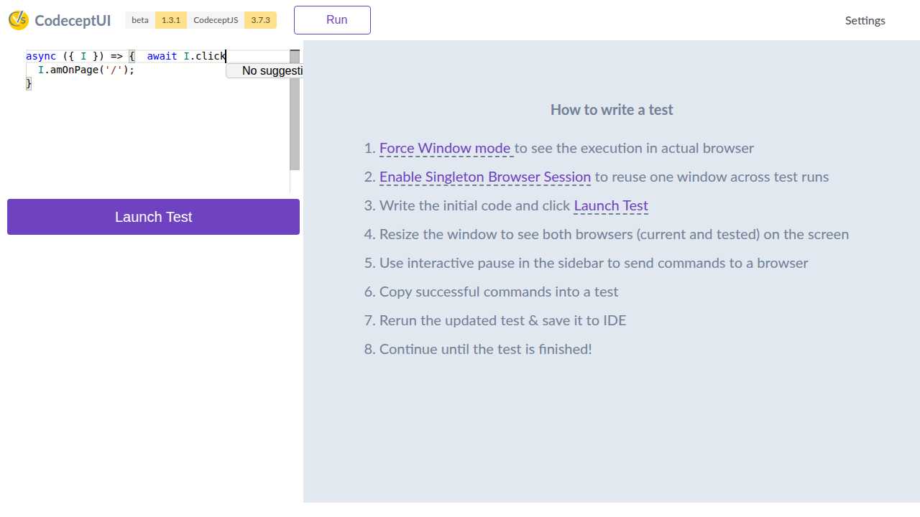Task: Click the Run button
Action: click(332, 20)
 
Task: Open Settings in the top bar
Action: click(865, 21)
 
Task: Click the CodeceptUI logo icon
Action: click(19, 20)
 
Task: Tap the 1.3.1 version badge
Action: click(171, 20)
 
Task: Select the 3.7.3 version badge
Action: click(260, 20)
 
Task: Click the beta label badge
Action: click(140, 20)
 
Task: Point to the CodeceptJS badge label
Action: click(216, 20)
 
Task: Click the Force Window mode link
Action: click(445, 148)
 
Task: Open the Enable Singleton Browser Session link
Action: click(485, 177)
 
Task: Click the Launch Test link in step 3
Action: click(611, 205)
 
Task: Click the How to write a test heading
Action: click(612, 110)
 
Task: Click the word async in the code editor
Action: click(41, 56)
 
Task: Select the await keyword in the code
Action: click(162, 56)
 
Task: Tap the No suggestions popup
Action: click(265, 70)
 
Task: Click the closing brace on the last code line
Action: click(28, 84)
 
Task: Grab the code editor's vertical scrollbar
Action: click(295, 110)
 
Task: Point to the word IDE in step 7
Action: click(615, 320)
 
